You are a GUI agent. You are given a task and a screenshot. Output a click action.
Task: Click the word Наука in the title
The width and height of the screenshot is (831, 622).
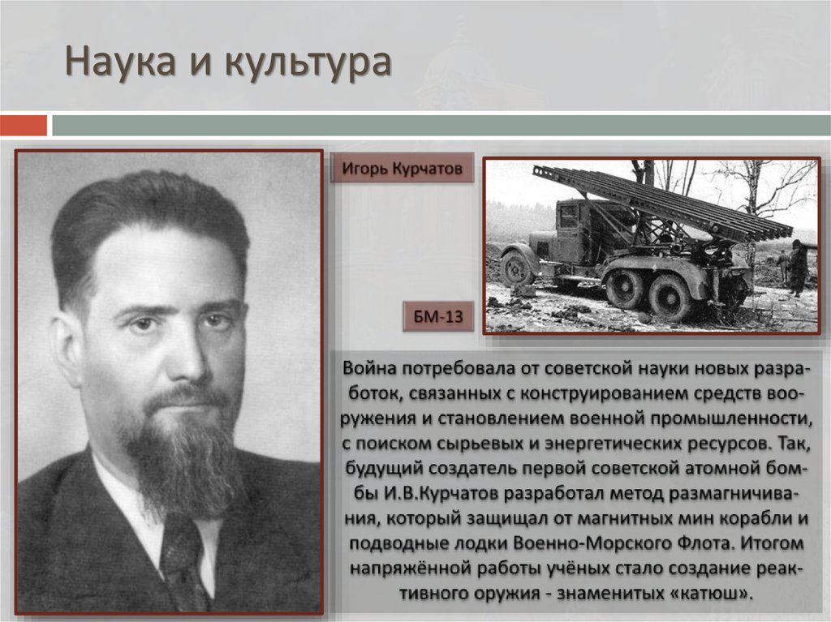tap(119, 63)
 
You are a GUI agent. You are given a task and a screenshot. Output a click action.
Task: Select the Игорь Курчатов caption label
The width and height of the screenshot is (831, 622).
tap(402, 169)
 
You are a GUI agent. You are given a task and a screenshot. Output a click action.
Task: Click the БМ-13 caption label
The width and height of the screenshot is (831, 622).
tap(438, 317)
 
